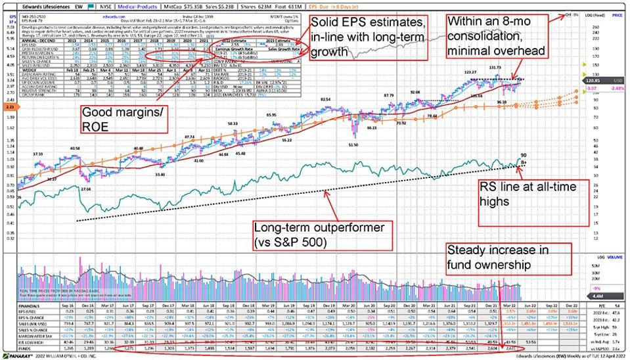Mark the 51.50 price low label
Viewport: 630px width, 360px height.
click(x=353, y=144)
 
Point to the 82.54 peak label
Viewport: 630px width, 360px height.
click(x=325, y=99)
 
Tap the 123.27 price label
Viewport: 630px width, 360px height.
click(x=469, y=71)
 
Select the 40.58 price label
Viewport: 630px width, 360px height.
click(x=74, y=147)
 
